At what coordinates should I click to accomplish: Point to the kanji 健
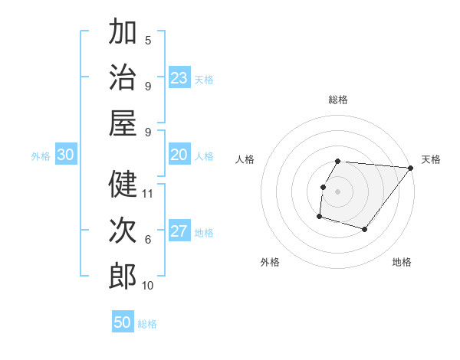click(x=123, y=184)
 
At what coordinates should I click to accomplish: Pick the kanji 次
click(x=123, y=231)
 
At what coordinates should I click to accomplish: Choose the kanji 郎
click(x=123, y=277)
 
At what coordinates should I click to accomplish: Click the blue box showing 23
click(x=179, y=78)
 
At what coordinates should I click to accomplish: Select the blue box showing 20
click(x=179, y=155)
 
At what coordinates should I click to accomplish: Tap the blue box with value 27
click(x=179, y=232)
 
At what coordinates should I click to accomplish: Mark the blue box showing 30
click(x=65, y=155)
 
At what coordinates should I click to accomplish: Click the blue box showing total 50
click(x=123, y=322)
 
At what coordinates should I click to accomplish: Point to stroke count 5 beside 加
click(x=148, y=40)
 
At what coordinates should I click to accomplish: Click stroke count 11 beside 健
click(x=149, y=193)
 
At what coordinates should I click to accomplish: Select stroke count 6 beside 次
click(x=148, y=240)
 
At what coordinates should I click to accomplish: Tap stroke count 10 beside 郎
click(x=149, y=286)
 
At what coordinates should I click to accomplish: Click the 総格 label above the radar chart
click(x=337, y=100)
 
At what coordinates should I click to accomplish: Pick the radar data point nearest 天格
click(x=411, y=169)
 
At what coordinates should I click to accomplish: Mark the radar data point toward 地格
click(x=365, y=229)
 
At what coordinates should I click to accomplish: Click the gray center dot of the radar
click(x=337, y=191)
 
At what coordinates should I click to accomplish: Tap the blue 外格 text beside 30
click(x=41, y=156)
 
